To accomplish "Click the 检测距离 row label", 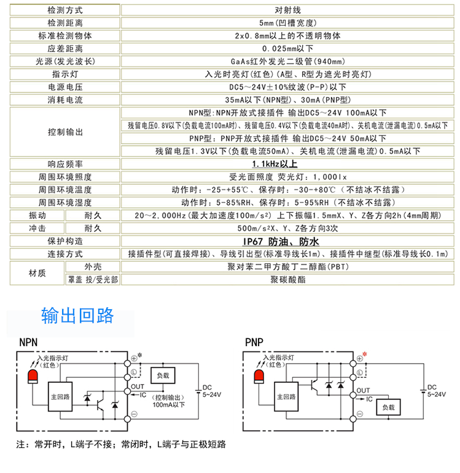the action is (x=65, y=23).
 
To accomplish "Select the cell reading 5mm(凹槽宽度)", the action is (x=287, y=23).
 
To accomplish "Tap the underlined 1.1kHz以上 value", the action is (x=275, y=164).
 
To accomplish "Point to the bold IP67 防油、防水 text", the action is (x=281, y=241).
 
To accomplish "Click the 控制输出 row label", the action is (x=65, y=132).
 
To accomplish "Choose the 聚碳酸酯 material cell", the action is (x=287, y=280).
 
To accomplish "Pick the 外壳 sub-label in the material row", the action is (x=93, y=267).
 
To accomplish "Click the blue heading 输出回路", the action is (x=77, y=315).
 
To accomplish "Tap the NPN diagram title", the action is (x=28, y=342).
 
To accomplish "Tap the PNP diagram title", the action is (x=254, y=342).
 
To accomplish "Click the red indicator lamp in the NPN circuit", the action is (x=33, y=377).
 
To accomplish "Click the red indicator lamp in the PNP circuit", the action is (x=259, y=377).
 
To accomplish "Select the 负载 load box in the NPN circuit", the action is (x=163, y=375).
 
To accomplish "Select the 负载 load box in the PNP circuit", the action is (x=388, y=407).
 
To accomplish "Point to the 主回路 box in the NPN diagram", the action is (x=60, y=396).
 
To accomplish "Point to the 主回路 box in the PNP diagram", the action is (x=286, y=396).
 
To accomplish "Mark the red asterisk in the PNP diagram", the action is (x=365, y=354).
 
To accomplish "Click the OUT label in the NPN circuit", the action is (x=138, y=386).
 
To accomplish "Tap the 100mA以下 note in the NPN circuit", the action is (x=168, y=405).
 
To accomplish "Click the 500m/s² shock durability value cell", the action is (x=287, y=228).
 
